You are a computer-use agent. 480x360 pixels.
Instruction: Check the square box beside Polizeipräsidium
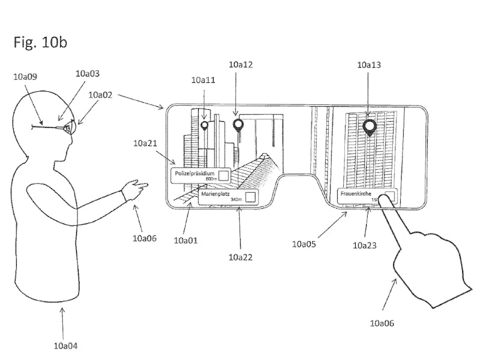pos(223,175)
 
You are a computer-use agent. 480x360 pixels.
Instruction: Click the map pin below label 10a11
pos(205,125)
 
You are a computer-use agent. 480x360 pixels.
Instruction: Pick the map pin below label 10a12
pos(238,124)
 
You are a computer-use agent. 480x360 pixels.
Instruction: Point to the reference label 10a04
pos(65,345)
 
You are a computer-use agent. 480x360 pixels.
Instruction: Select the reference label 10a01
pos(185,240)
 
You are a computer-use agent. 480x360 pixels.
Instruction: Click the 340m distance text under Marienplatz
pos(236,199)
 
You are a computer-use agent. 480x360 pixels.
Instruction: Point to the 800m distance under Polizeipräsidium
pos(211,179)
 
